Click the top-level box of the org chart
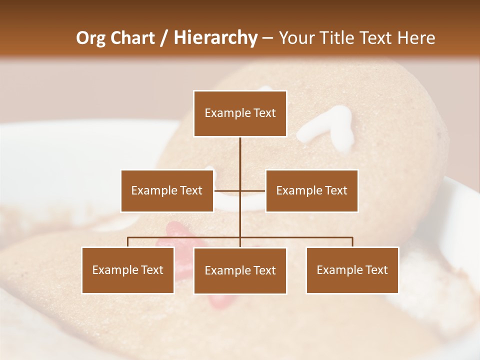pos(240,113)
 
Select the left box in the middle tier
pos(167,190)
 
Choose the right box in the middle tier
pos(311,190)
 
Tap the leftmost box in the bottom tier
pos(128,270)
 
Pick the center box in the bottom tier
pos(240,270)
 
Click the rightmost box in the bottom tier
pos(352,270)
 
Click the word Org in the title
pos(90,38)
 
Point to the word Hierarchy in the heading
pos(215,38)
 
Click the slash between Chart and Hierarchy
pos(164,38)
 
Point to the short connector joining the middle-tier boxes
pos(240,190)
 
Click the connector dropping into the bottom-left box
pos(128,242)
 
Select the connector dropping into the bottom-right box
pos(352,242)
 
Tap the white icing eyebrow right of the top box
pos(327,127)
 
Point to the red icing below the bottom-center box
pos(218,301)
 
